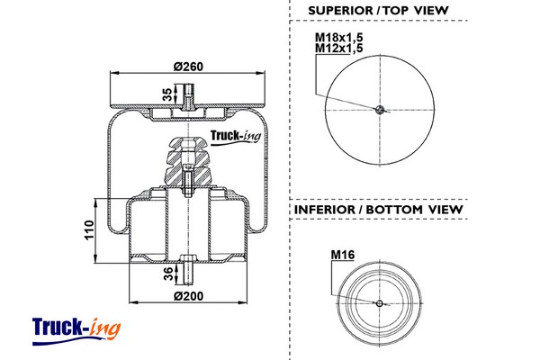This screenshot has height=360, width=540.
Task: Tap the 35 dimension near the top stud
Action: pos(166,94)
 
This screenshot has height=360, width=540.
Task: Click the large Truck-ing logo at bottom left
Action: pos(76,327)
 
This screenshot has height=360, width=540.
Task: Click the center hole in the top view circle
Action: pos(381,110)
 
